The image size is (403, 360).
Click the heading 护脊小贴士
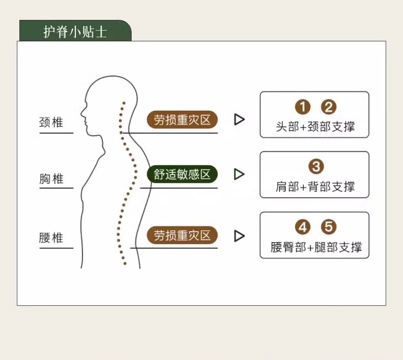tap(75, 32)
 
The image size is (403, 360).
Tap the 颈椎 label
tap(51, 123)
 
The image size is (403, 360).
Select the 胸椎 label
tap(51, 179)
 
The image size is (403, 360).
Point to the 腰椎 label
tap(51, 238)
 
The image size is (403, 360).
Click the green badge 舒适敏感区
tap(182, 174)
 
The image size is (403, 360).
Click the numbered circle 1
tap(303, 107)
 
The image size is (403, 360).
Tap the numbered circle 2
tap(329, 107)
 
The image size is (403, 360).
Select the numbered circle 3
tap(316, 166)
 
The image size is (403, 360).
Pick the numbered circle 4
tap(303, 227)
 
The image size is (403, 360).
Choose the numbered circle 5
tap(329, 227)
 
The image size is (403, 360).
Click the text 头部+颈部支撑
tap(315, 126)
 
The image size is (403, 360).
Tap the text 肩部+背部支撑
tap(315, 186)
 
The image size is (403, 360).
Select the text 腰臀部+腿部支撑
tap(316, 248)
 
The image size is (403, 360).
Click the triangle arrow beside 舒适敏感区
tap(239, 174)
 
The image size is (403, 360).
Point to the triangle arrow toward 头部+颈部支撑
tap(239, 119)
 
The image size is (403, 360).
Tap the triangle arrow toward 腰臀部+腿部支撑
tap(239, 236)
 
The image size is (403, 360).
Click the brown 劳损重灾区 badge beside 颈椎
tap(182, 120)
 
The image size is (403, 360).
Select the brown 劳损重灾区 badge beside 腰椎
tap(182, 235)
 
